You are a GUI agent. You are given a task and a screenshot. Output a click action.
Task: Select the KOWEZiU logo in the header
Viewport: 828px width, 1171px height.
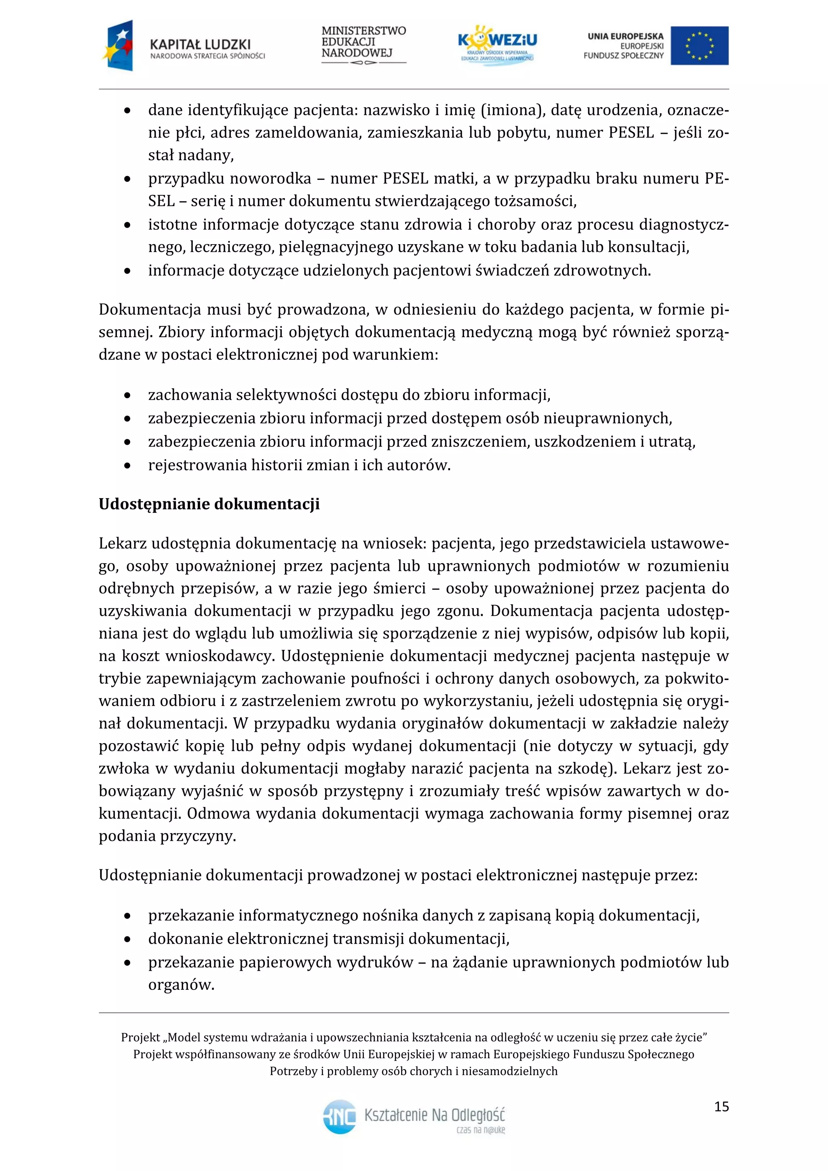(x=497, y=44)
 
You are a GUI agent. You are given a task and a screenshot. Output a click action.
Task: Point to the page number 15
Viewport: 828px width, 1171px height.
(x=721, y=1107)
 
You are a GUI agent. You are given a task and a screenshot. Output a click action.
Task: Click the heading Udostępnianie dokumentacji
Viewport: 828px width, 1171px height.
(x=209, y=504)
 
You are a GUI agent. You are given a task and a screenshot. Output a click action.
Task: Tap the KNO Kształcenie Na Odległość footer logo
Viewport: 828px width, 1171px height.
(x=414, y=1116)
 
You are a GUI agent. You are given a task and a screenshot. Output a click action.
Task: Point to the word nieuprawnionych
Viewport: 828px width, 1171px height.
(x=607, y=418)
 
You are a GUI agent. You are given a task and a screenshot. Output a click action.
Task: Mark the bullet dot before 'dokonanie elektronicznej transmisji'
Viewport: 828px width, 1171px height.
(x=127, y=939)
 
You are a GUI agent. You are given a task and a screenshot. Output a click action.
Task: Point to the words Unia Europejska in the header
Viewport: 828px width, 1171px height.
(x=625, y=36)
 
